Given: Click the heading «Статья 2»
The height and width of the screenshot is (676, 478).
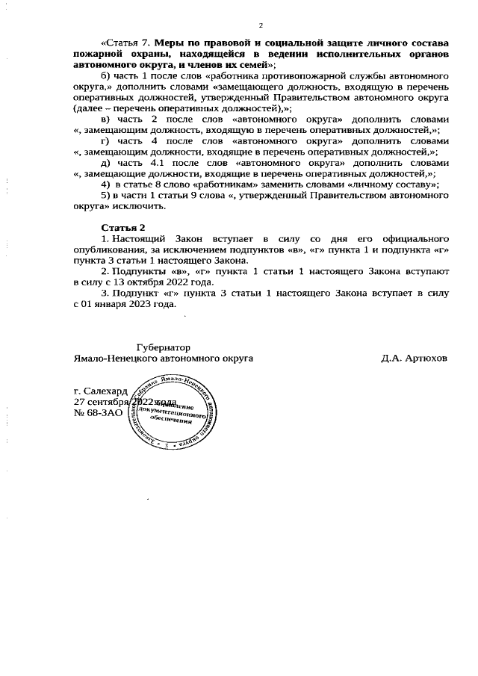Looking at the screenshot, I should click(123, 226).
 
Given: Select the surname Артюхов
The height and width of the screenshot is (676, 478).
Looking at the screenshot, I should click(423, 358).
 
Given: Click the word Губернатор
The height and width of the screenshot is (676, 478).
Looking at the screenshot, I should click(163, 347).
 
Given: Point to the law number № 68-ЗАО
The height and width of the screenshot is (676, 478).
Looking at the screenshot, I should click(99, 412).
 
